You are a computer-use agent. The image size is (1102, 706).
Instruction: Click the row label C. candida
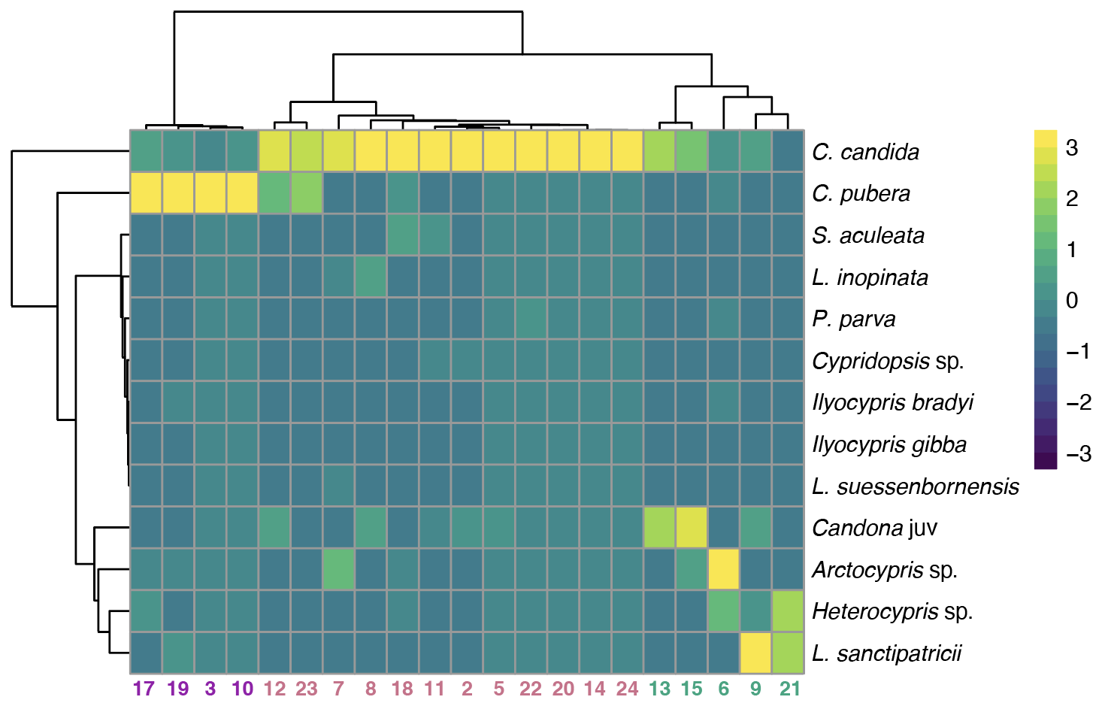point(865,152)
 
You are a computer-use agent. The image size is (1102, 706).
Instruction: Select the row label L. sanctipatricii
point(887,653)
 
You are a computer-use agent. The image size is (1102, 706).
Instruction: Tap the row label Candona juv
point(874,528)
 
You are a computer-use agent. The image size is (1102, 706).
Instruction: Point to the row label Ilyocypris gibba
point(889,444)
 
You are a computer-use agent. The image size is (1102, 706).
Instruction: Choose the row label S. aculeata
point(868,235)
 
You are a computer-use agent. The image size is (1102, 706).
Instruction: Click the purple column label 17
point(144,689)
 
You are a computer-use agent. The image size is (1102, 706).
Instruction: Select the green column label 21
point(790,689)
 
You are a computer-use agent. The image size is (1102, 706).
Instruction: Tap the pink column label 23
point(306,689)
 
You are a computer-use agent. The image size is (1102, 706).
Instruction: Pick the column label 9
point(755,689)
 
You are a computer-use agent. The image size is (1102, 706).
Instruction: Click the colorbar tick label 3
point(1072,148)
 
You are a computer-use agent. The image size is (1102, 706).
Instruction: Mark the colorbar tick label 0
point(1072,301)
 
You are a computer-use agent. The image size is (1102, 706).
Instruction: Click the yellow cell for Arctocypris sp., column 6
point(723,569)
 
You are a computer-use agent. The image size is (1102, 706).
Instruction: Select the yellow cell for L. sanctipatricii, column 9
point(755,653)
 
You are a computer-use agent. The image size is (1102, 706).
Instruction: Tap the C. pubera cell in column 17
point(146,193)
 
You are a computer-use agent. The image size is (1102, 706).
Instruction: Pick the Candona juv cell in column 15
point(691,527)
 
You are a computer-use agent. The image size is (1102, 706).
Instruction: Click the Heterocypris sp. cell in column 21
point(788,611)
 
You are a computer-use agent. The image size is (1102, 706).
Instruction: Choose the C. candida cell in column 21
point(788,151)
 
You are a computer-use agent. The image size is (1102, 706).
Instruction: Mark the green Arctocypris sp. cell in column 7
point(338,569)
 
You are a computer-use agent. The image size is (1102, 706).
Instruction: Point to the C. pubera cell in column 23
point(306,193)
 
